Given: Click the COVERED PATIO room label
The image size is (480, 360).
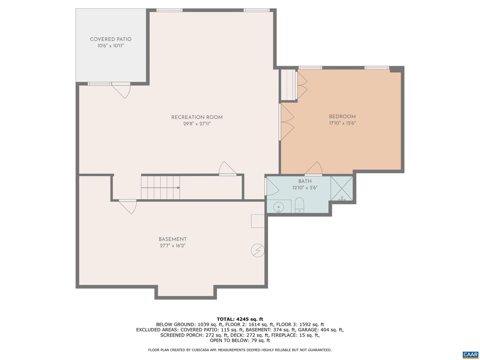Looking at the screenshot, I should (x=111, y=39).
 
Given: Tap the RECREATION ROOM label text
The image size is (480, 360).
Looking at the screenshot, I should (x=197, y=117).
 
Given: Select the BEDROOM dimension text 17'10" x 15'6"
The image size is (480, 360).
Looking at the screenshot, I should (x=342, y=123).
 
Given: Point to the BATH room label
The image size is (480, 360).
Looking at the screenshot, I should (x=305, y=181).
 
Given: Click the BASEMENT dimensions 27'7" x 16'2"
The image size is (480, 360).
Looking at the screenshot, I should (x=172, y=246).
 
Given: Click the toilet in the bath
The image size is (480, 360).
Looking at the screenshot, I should (x=299, y=205).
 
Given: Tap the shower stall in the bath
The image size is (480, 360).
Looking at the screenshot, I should (x=341, y=188).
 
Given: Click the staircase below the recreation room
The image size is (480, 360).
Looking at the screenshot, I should (x=160, y=188).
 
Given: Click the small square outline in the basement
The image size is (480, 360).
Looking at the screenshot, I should (x=258, y=221).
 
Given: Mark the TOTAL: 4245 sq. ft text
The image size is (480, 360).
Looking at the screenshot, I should (x=240, y=319).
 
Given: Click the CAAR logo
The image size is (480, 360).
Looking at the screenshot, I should (x=470, y=355).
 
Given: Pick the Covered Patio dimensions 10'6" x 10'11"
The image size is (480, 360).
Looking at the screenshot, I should (x=111, y=46).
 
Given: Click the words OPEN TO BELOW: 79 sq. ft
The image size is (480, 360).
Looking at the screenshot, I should (x=240, y=340).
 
